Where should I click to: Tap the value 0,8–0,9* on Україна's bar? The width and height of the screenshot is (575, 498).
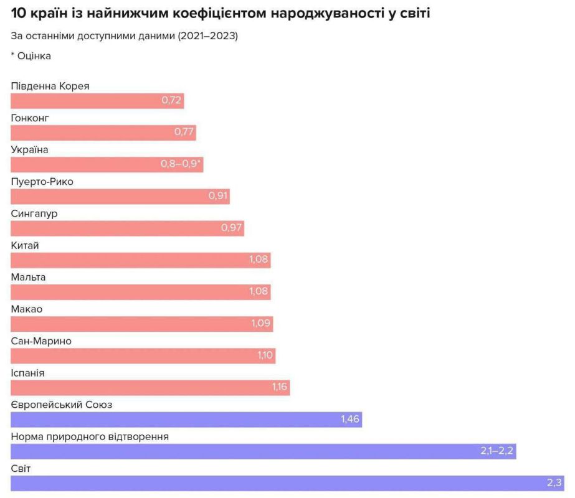182,164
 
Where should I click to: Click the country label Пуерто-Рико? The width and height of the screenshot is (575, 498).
46,182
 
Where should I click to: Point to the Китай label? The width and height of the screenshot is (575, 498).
25,245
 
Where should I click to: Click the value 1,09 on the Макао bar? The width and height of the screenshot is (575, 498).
260,324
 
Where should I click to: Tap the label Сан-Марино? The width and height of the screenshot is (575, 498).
41,341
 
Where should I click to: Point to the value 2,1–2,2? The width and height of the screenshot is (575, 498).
497,451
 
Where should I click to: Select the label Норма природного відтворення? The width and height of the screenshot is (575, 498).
90,436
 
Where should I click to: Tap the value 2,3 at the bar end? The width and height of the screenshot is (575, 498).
554,483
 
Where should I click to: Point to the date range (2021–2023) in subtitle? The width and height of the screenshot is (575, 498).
208,35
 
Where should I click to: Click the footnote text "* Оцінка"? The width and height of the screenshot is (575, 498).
31,56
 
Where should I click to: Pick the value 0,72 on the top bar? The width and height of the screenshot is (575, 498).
171,101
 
